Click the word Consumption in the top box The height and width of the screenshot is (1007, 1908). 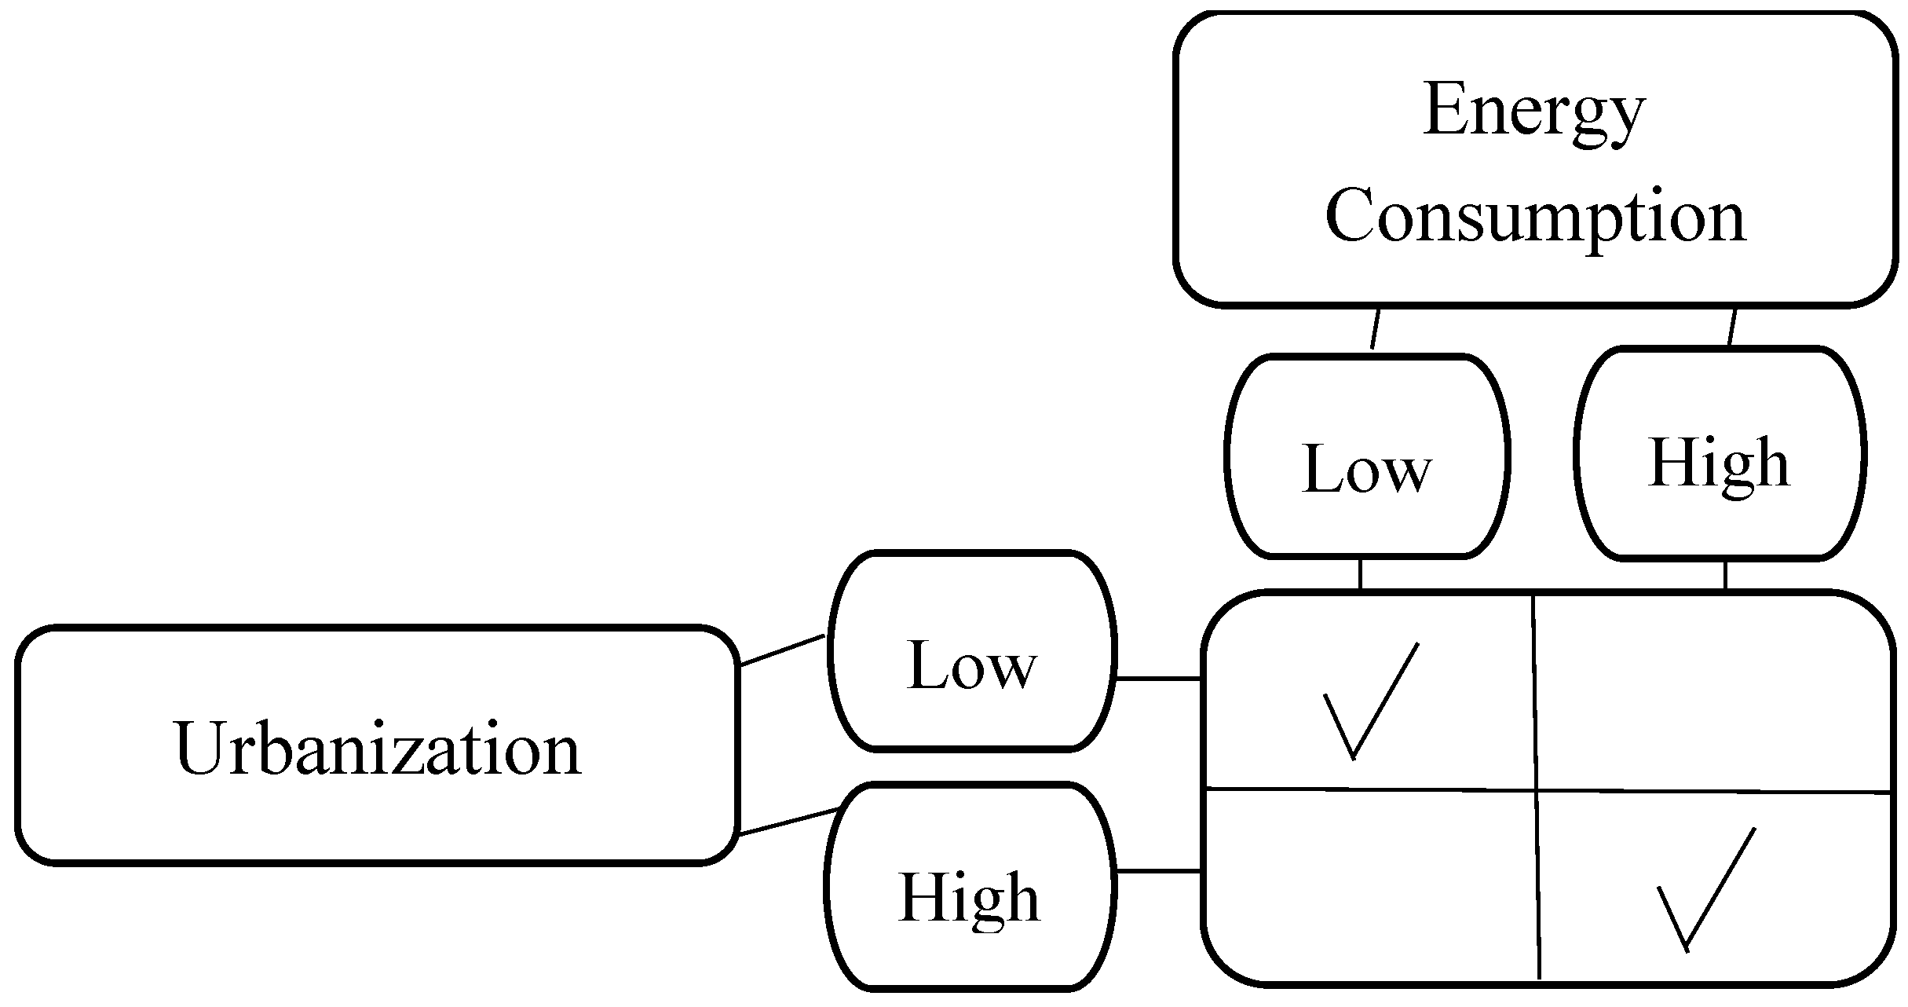pyautogui.click(x=1535, y=216)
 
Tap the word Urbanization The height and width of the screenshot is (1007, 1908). pyautogui.click(x=377, y=749)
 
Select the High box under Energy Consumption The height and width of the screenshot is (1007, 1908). pyautogui.click(x=1720, y=454)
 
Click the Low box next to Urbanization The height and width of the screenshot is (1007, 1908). pyautogui.click(x=972, y=652)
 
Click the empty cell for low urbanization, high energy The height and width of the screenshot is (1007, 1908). pyautogui.click(x=1712, y=691)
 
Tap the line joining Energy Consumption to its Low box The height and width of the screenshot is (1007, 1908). pyautogui.click(x=1375, y=329)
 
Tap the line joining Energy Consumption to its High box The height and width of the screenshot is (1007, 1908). pyautogui.click(x=1732, y=328)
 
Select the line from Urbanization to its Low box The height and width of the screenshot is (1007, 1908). pyautogui.click(x=782, y=650)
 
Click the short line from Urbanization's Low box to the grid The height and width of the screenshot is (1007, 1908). pyautogui.click(x=1158, y=678)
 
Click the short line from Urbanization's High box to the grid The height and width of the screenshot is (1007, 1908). pyautogui.click(x=1158, y=870)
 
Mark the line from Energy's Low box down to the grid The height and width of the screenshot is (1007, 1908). pyautogui.click(x=1360, y=573)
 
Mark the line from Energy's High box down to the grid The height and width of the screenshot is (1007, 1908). pyautogui.click(x=1725, y=575)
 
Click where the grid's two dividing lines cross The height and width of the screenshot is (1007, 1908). pyautogui.click(x=1536, y=789)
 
